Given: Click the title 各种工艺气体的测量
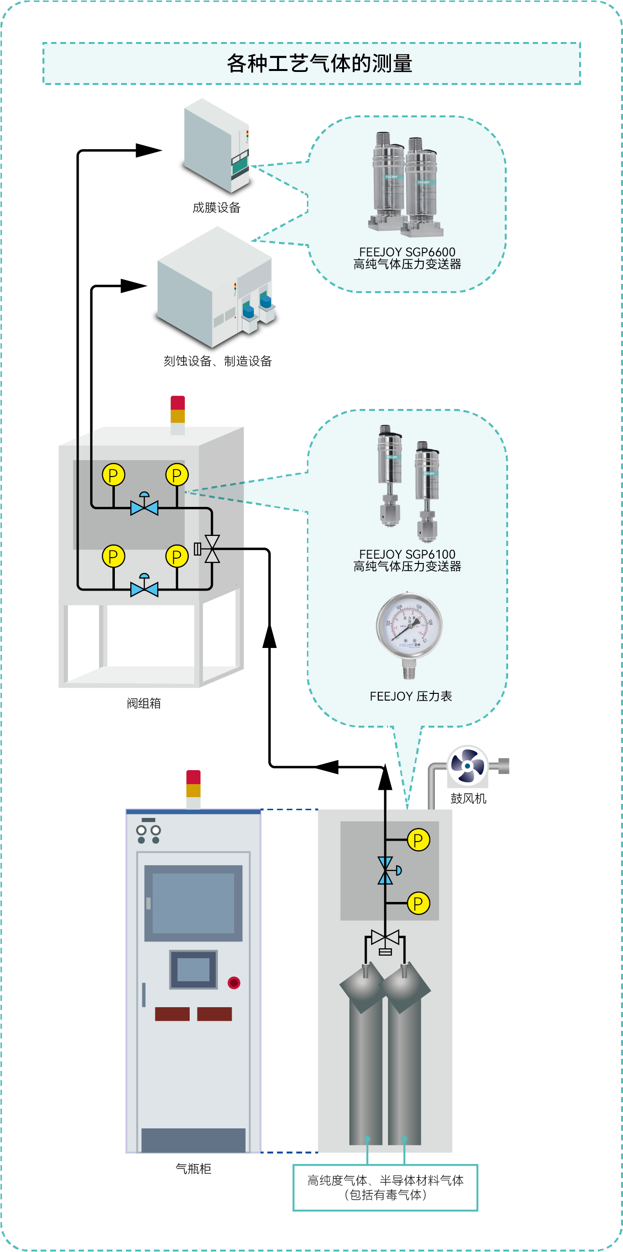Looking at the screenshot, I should [319, 64].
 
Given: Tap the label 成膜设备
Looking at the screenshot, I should [217, 208].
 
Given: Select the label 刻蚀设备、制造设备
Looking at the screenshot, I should [218, 361].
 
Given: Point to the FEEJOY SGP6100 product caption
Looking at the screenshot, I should [407, 561].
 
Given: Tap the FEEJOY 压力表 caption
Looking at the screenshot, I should [411, 696].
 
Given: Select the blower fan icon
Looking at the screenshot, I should [467, 765].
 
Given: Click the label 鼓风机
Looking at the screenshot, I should [468, 799].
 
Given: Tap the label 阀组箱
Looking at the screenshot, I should [144, 703].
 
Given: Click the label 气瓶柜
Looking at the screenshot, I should [193, 1169].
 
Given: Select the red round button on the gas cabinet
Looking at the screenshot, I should [234, 983].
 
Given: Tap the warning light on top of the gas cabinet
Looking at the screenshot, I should [193, 788].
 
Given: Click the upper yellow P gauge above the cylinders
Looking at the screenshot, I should [418, 840].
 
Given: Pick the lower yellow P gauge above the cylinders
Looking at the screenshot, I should [418, 903].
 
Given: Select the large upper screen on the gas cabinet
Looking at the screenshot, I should [193, 903].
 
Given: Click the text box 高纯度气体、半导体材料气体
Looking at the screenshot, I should [386, 1187].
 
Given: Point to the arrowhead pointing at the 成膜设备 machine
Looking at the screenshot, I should [149, 150].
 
